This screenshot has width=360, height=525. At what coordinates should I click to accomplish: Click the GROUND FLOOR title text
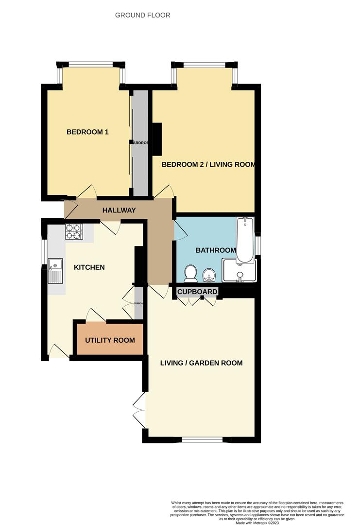click(x=142, y=15)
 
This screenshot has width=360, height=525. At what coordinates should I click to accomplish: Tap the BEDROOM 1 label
click(x=87, y=132)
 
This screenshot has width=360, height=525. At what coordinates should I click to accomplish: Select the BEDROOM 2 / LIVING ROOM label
click(x=208, y=164)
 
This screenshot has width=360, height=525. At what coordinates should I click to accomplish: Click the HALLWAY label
click(x=119, y=210)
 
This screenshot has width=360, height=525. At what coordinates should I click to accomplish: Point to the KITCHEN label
click(x=89, y=267)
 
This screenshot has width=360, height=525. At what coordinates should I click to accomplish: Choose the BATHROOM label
click(x=215, y=250)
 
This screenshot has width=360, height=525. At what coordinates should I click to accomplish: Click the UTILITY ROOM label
click(x=110, y=340)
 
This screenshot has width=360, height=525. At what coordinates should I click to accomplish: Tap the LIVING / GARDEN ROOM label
click(x=201, y=363)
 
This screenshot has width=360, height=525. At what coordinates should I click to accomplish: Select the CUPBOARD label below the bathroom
click(x=197, y=292)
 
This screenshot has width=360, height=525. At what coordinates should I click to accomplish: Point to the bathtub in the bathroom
click(x=245, y=240)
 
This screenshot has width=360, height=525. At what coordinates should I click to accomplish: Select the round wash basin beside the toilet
click(x=209, y=275)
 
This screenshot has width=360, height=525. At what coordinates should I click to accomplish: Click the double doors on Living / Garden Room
click(x=139, y=410)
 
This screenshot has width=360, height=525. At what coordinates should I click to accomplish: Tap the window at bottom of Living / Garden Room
click(x=203, y=440)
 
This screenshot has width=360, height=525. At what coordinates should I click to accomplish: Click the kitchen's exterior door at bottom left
click(x=59, y=351)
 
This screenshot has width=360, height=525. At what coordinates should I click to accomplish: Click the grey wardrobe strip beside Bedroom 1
click(x=141, y=143)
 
